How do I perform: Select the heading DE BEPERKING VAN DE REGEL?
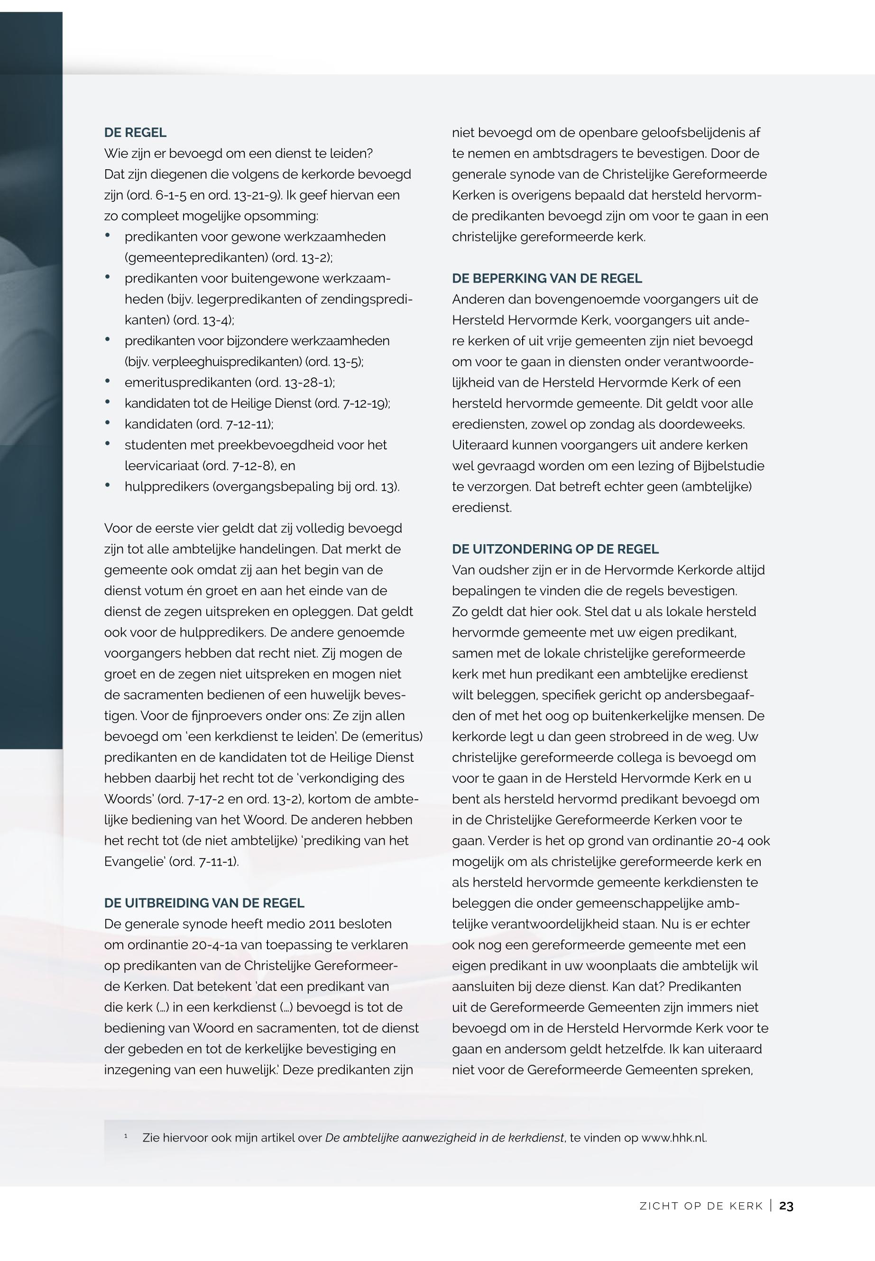click(x=547, y=278)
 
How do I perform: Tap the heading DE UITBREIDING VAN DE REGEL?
click(x=204, y=903)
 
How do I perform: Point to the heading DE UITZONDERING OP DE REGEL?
click(x=555, y=549)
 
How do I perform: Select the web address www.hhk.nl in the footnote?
click(x=673, y=1138)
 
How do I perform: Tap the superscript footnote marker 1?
click(x=126, y=1136)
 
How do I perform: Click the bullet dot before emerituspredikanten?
click(x=108, y=382)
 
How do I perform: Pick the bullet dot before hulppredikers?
click(x=108, y=485)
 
